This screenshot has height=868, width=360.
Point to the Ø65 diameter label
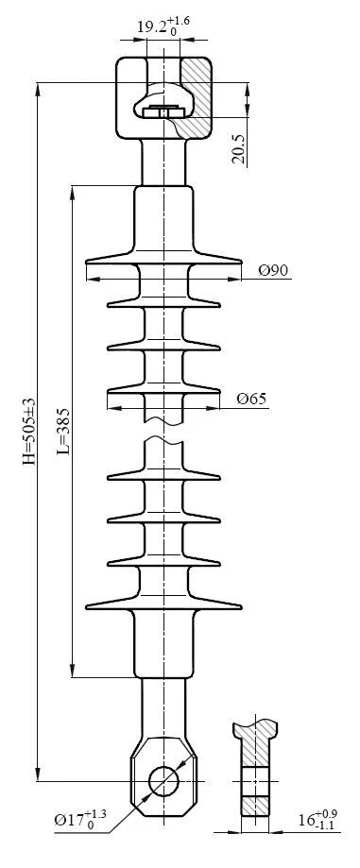click(251, 399)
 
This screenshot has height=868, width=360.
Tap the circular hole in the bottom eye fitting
click(165, 781)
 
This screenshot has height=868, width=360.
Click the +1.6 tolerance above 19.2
click(181, 19)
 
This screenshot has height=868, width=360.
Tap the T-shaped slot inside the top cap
click(165, 111)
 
